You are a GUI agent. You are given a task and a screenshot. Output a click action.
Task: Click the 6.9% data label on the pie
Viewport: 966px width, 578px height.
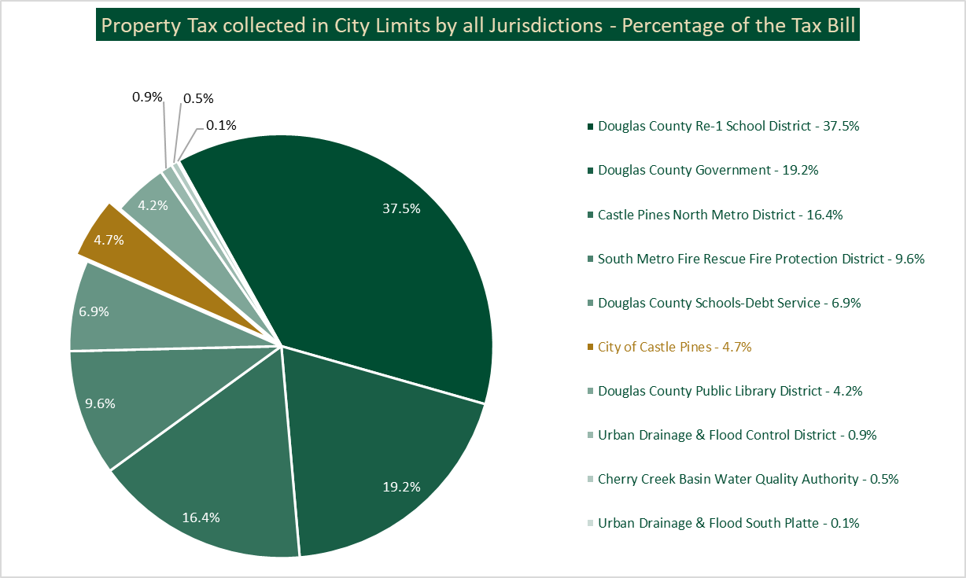point(94,311)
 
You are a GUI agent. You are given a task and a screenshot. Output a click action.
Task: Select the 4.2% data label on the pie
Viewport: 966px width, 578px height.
point(152,205)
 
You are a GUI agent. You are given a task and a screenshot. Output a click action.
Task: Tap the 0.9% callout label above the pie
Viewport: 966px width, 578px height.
point(147,98)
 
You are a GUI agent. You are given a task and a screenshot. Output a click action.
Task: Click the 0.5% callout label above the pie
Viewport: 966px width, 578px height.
point(198,99)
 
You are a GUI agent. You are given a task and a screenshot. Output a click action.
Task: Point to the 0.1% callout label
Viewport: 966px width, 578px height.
point(221,125)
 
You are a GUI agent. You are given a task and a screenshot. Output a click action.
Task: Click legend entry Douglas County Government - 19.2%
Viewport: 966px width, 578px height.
point(708,170)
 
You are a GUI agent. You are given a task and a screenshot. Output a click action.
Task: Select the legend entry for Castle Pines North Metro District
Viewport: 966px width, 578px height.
point(720,214)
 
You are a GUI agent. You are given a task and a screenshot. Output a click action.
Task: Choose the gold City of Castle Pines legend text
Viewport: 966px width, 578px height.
point(674,347)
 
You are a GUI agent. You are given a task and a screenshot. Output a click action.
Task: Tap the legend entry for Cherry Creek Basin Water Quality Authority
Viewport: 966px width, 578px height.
point(747,479)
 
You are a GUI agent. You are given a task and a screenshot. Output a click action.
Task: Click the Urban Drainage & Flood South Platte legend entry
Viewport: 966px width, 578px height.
point(728,523)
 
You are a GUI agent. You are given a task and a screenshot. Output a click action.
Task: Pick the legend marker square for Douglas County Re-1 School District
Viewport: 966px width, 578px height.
point(590,127)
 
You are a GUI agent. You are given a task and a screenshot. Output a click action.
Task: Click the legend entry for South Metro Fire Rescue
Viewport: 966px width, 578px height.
point(761,258)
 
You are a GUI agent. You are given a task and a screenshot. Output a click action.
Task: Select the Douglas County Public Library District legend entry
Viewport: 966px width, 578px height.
point(730,391)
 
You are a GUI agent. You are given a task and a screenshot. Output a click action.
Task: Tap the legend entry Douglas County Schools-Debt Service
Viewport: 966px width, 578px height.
point(729,303)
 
